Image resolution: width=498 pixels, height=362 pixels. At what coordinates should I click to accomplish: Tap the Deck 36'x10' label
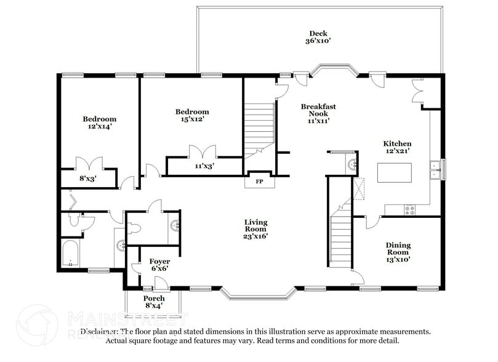click(x=318, y=37)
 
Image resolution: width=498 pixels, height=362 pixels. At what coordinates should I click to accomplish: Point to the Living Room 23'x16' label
click(x=255, y=228)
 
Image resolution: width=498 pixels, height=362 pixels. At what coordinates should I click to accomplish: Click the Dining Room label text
click(x=398, y=249)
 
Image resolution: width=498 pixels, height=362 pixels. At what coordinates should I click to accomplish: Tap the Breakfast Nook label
click(x=318, y=113)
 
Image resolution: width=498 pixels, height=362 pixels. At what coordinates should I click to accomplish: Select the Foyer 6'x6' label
click(x=159, y=264)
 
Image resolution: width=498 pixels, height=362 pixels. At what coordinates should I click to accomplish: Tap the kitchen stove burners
click(x=409, y=210)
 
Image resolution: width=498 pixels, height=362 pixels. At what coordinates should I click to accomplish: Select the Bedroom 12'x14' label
click(x=99, y=123)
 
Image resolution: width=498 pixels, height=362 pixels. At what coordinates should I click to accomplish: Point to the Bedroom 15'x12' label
click(x=192, y=115)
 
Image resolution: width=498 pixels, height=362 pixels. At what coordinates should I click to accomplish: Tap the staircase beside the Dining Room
click(x=340, y=237)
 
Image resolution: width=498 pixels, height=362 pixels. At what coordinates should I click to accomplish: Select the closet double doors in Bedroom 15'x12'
click(x=203, y=151)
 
